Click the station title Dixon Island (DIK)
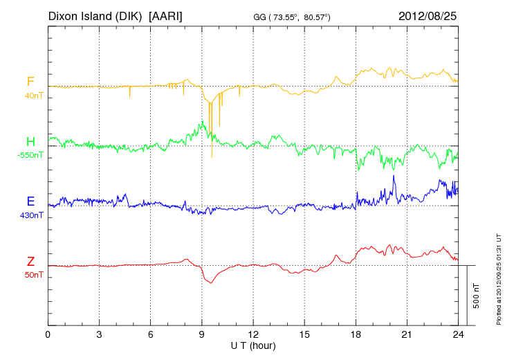coord(95,15)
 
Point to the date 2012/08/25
coord(428,15)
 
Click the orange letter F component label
coord(30,82)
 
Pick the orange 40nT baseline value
coord(33,95)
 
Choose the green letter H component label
coord(30,142)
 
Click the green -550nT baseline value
coord(30,154)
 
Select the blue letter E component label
coord(30,201)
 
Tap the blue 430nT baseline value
coord(32,215)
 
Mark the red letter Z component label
coord(30,262)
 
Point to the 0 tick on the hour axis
coord(48,334)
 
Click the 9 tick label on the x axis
coord(202,334)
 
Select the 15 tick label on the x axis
coord(304,334)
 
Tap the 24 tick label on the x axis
coord(458,334)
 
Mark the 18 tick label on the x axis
coord(356,334)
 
